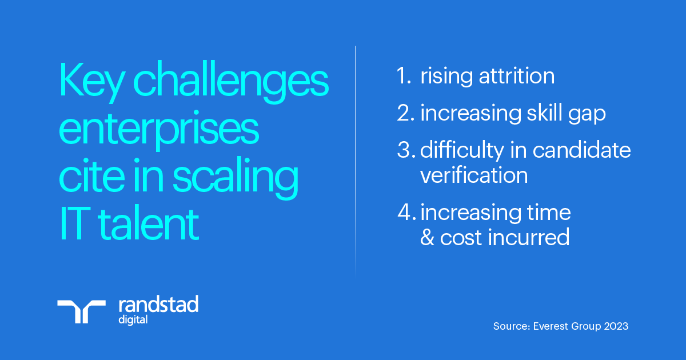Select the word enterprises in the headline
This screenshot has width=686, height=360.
(x=159, y=131)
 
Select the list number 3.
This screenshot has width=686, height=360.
(x=406, y=150)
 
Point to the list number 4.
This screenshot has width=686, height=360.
(x=406, y=213)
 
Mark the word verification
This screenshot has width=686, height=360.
(x=474, y=175)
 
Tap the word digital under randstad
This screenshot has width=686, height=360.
(x=132, y=319)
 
